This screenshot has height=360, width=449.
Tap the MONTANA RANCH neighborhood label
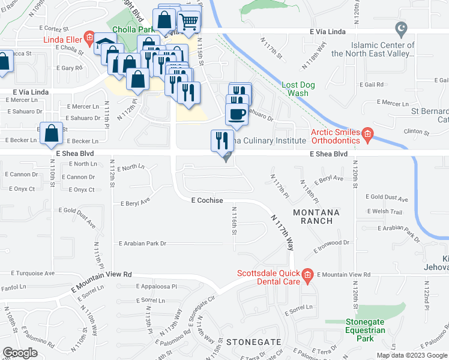point(316,217)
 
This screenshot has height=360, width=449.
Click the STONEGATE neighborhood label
point(254,341)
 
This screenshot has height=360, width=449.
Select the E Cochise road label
point(207,200)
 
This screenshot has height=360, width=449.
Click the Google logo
point(20,353)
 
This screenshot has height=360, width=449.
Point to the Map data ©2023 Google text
point(411,355)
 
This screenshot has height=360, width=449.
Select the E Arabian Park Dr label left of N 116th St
point(142,244)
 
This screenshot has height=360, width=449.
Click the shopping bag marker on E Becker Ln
point(52,134)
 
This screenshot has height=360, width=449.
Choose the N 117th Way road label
point(283,233)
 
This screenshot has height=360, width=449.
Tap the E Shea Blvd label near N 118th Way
point(328,154)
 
